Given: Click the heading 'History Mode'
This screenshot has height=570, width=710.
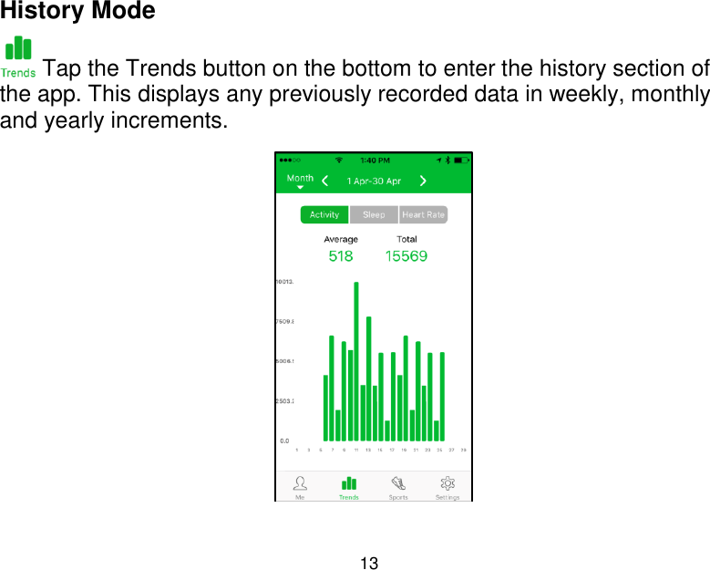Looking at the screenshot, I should click(x=78, y=12).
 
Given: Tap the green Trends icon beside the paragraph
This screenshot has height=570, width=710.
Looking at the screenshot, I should click(x=18, y=57).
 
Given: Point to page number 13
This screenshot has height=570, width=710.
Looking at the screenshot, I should click(x=369, y=560).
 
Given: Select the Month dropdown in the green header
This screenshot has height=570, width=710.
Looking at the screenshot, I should click(x=300, y=181).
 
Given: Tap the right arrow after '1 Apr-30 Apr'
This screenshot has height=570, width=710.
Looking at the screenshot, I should click(x=423, y=181).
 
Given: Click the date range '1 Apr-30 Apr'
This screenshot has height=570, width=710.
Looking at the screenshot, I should click(x=374, y=181).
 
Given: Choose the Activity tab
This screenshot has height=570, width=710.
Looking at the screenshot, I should click(x=324, y=215).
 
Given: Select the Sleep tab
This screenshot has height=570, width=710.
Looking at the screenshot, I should click(x=374, y=215).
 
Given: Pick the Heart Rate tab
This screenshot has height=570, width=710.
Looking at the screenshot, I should click(x=423, y=215).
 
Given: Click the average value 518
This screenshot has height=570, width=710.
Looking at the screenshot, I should click(x=341, y=256).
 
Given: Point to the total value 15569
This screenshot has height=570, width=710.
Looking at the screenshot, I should click(x=406, y=256).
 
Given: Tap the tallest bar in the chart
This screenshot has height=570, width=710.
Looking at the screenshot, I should click(x=356, y=361).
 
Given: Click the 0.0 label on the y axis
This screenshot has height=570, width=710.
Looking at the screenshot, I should click(x=285, y=440).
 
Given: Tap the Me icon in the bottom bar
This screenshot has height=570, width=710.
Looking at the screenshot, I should click(x=300, y=486).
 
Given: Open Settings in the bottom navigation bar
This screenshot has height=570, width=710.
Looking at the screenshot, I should click(x=448, y=486).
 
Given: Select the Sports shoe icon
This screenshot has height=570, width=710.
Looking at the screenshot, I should click(x=398, y=486).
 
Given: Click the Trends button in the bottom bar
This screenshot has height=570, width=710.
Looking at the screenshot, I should click(x=349, y=486).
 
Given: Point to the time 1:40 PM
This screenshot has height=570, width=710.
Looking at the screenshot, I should click(x=375, y=160).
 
